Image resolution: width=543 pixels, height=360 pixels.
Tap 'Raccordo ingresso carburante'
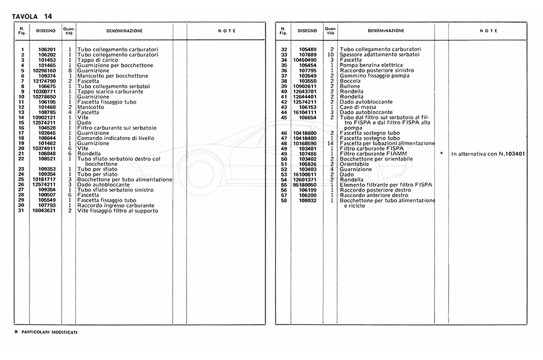(115, 206)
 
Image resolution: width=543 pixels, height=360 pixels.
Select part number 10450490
(306, 60)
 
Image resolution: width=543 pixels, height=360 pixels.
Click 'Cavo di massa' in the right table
(356, 107)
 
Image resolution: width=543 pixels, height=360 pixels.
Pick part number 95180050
(306, 185)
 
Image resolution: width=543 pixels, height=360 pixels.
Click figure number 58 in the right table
(284, 201)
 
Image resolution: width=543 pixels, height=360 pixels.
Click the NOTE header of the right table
(489, 31)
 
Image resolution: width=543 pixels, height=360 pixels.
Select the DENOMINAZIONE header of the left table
(124, 31)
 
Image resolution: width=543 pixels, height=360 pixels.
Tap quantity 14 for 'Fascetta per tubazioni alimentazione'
(331, 144)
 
